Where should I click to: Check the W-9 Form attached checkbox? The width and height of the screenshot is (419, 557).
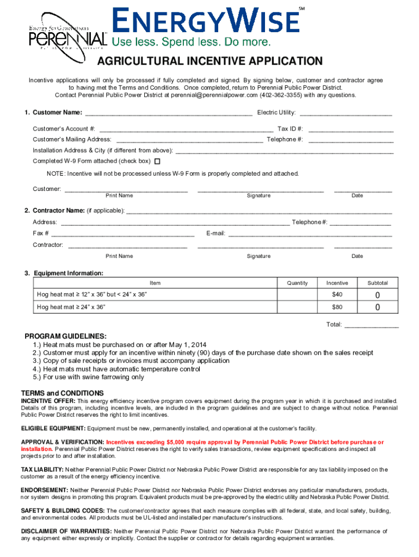pos(158,161)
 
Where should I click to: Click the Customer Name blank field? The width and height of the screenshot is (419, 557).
pos(169,113)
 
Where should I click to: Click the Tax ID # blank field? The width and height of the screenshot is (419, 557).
pos(351,129)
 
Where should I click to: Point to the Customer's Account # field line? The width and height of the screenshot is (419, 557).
pos(186,129)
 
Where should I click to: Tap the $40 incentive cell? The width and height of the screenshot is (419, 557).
pos(337,294)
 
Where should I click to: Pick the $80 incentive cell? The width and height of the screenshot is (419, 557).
pos(337,307)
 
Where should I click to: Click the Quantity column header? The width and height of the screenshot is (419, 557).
pos(298,283)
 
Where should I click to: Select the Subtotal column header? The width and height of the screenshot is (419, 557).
pos(378,283)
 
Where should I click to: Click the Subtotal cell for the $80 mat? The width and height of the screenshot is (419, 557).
pos(378,307)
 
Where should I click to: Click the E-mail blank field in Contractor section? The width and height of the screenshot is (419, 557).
pos(309,234)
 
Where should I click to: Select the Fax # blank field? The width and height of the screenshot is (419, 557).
pos(122,234)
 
